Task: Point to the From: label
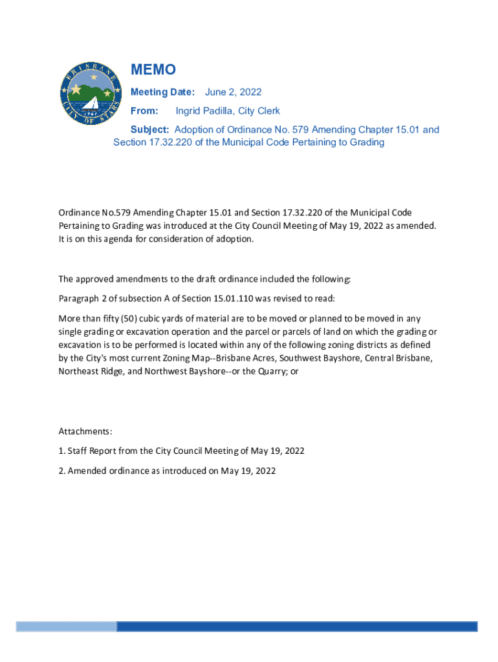[x=144, y=111]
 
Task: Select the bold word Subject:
[x=150, y=130]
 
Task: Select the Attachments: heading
[x=85, y=431]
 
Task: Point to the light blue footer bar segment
[x=66, y=626]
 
